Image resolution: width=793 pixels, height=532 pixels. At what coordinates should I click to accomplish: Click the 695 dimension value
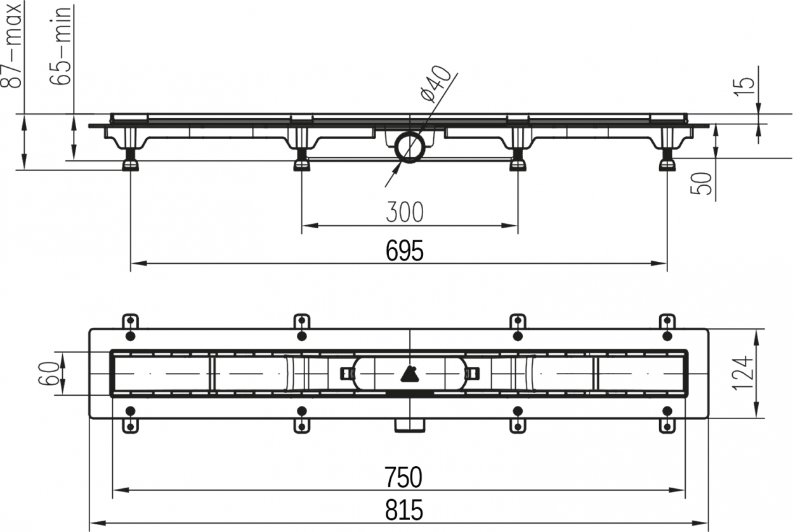pyautogui.click(x=404, y=250)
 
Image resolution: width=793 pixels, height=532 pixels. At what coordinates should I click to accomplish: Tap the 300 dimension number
pyautogui.click(x=405, y=212)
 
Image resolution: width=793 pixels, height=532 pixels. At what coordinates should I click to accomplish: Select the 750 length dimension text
pyautogui.click(x=403, y=477)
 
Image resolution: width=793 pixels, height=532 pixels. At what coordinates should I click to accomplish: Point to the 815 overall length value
pyautogui.click(x=404, y=510)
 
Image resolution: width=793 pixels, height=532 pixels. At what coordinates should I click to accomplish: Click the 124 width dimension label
pyautogui.click(x=742, y=373)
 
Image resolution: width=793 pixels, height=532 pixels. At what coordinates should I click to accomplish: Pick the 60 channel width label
pyautogui.click(x=48, y=373)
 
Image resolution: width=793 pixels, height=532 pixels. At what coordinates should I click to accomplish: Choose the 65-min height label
pyautogui.click(x=60, y=45)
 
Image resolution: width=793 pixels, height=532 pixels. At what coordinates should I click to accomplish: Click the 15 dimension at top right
pyautogui.click(x=744, y=87)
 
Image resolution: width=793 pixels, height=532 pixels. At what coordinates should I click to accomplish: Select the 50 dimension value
pyautogui.click(x=701, y=183)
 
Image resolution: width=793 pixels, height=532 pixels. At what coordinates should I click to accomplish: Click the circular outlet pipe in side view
pyautogui.click(x=410, y=147)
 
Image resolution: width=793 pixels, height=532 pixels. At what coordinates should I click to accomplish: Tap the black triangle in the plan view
pyautogui.click(x=410, y=374)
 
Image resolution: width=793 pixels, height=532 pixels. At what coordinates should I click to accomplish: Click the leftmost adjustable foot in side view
pyautogui.click(x=130, y=160)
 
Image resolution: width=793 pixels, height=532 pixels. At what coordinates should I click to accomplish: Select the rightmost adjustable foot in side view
pyautogui.click(x=667, y=160)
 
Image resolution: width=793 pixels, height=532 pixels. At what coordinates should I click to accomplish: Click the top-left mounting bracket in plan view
pyautogui.click(x=130, y=321)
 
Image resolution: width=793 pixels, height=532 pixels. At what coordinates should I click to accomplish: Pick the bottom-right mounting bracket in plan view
pyautogui.click(x=667, y=426)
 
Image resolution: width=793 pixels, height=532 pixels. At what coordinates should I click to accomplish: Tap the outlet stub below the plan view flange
pyautogui.click(x=410, y=425)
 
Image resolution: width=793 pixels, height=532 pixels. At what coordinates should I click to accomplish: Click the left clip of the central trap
pyautogui.click(x=348, y=373)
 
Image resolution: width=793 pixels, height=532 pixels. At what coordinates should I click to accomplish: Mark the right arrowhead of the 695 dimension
pyautogui.click(x=659, y=263)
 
